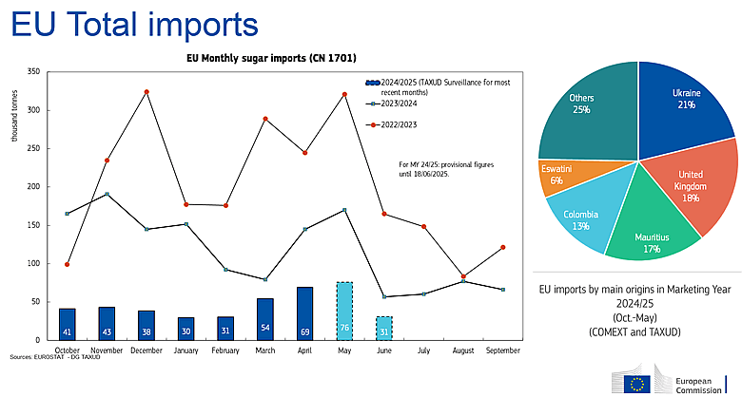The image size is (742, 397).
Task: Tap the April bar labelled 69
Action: [x=305, y=313]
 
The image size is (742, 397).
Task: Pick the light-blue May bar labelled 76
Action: [x=344, y=311]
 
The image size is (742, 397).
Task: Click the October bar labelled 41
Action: [x=67, y=324]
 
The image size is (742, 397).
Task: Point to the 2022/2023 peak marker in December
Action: [x=146, y=92]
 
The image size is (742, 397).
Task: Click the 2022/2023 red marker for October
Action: [x=67, y=264]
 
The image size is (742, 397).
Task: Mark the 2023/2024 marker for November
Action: [x=107, y=194]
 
